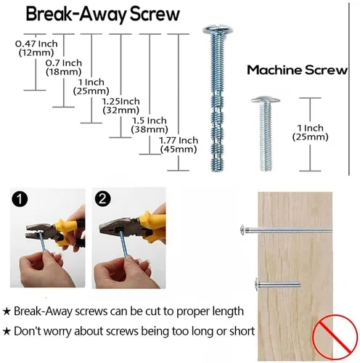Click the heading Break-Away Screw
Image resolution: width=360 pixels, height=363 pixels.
[102, 15]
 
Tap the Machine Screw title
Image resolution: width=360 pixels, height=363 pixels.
[297, 70]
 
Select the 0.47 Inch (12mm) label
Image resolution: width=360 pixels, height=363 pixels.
[36, 48]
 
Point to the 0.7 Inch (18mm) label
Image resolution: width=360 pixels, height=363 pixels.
[64, 68]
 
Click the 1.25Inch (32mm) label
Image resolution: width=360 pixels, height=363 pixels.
[121, 105]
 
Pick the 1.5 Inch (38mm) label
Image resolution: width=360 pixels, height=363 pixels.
[150, 125]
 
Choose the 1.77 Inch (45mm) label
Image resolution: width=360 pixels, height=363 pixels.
[179, 144]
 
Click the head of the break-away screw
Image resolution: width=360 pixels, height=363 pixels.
[218, 30]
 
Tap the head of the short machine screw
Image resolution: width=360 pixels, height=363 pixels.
[266, 99]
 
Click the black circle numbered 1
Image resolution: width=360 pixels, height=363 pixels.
[20, 199]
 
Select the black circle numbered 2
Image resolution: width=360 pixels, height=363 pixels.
[103, 199]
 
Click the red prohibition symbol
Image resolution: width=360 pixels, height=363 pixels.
[335, 337]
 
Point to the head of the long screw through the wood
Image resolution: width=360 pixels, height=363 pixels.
[242, 229]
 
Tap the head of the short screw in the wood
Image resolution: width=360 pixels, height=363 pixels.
[257, 284]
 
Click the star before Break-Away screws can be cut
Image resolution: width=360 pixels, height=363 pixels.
[7, 311]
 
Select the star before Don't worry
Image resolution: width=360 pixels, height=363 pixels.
[7, 331]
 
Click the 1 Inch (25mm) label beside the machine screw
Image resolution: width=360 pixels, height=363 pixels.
[310, 132]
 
